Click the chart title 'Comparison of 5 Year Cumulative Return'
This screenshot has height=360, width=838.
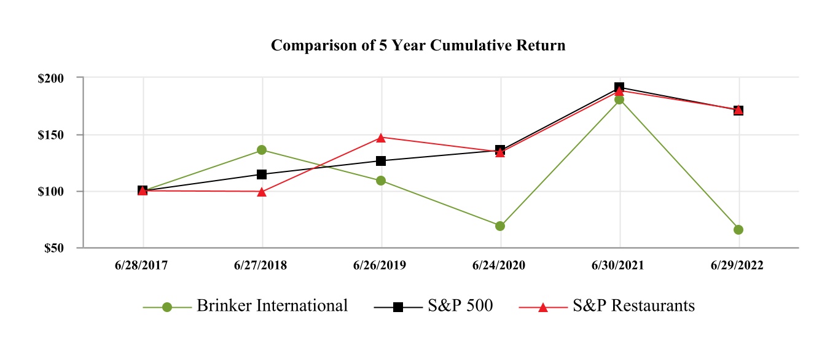click(418, 46)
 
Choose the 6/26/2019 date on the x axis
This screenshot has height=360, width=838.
click(381, 265)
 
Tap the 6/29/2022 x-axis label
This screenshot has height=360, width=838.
click(738, 265)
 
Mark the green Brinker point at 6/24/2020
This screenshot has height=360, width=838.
click(500, 226)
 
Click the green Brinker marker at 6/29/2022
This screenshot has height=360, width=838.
click(738, 230)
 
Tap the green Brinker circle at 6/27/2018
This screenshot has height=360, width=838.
click(262, 150)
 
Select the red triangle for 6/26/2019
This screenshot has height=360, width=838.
click(381, 138)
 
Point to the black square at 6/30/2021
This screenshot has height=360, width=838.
click(619, 87)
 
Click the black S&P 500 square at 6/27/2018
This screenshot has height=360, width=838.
click(262, 174)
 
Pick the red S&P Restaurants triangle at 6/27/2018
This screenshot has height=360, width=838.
click(262, 192)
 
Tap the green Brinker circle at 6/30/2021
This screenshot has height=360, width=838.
click(619, 100)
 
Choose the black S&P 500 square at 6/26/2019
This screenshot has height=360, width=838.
click(381, 161)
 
